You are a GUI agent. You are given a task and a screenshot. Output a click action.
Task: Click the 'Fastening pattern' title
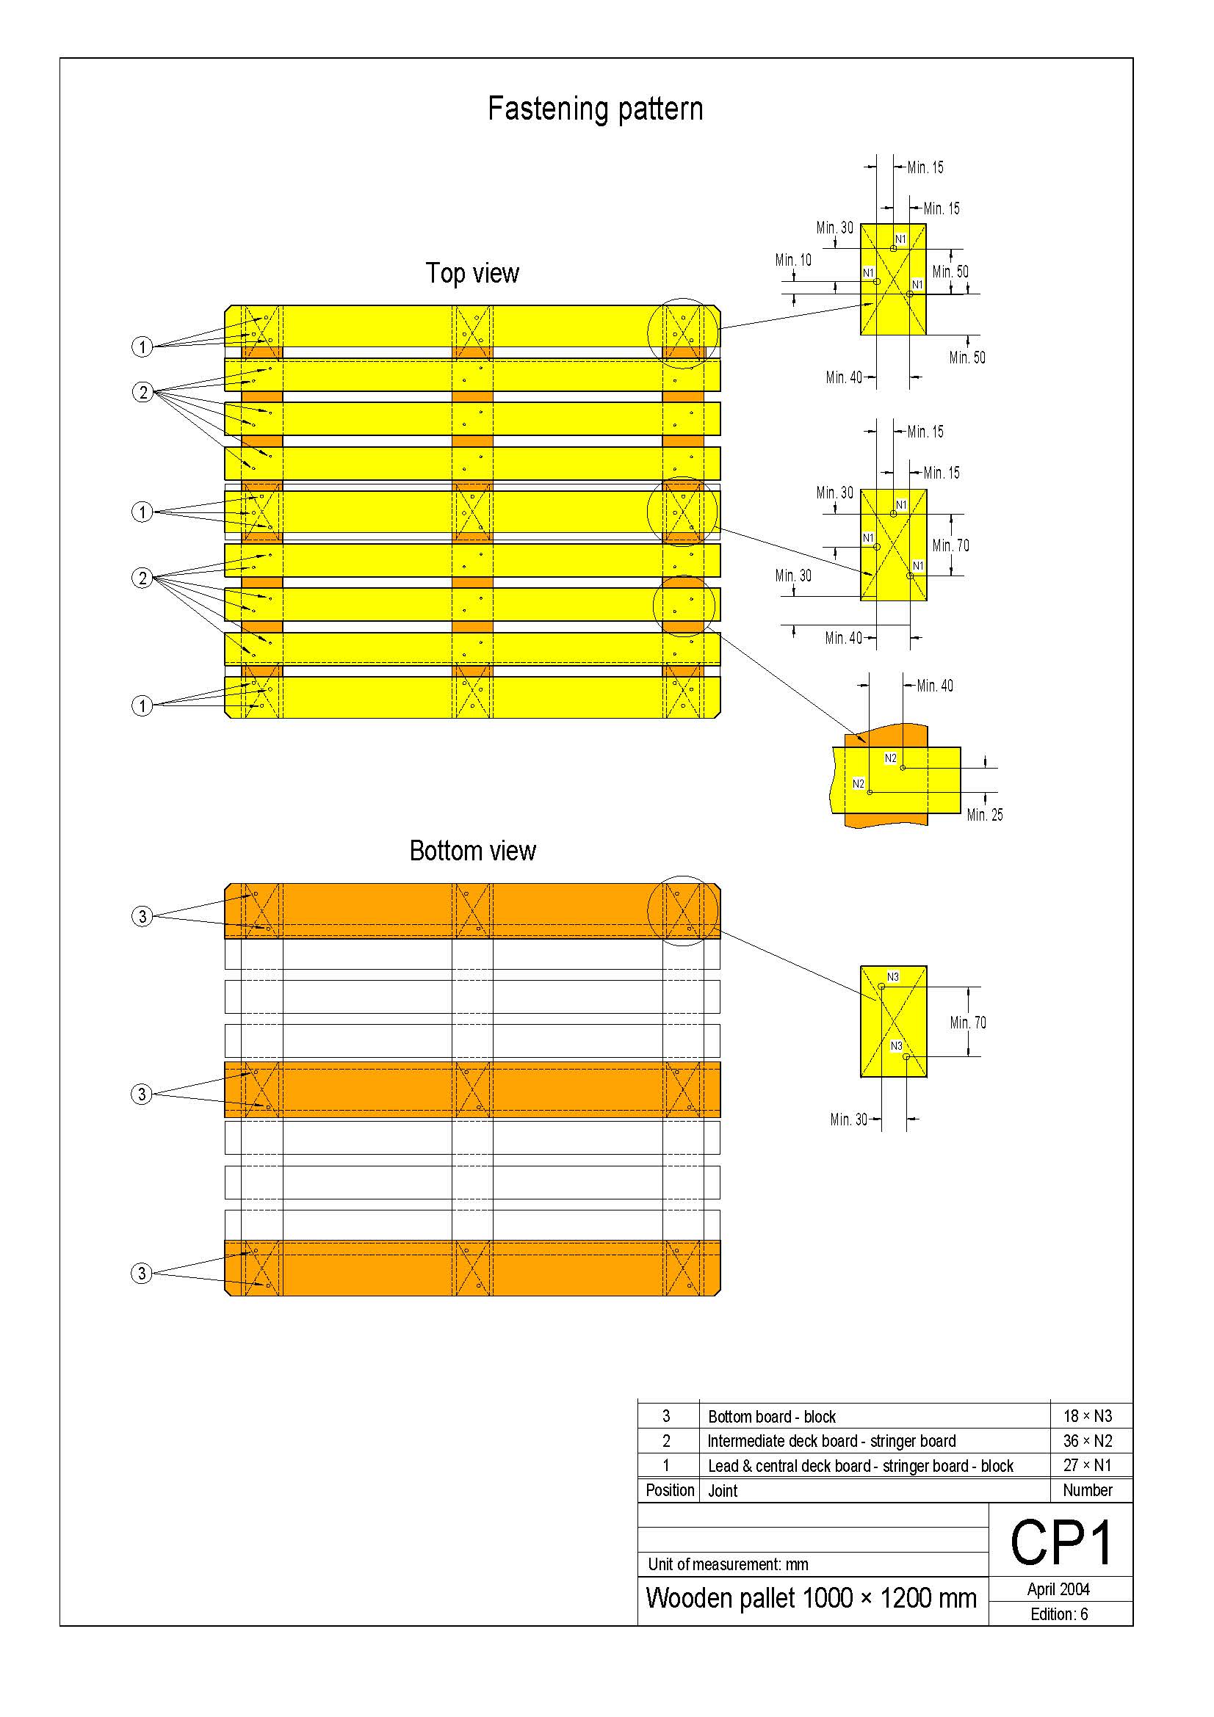point(595,109)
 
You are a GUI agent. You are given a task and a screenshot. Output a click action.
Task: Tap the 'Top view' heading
point(472,274)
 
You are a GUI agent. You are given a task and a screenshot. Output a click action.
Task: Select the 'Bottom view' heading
point(472,851)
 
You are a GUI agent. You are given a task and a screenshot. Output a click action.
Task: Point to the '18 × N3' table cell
point(1087,1416)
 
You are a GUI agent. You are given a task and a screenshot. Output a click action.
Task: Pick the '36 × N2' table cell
point(1087,1441)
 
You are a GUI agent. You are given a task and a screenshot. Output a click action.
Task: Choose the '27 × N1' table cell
point(1087,1466)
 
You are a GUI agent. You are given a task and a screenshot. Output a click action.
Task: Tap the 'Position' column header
point(670,1490)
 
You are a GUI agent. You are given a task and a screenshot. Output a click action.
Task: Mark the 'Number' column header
point(1087,1490)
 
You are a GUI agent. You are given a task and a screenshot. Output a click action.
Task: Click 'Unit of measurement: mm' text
point(728,1564)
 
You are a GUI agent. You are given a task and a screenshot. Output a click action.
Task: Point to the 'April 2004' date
point(1058,1589)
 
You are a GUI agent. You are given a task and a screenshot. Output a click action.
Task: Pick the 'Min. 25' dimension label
point(984,815)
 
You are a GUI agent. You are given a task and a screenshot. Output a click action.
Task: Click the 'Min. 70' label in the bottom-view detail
point(968,1023)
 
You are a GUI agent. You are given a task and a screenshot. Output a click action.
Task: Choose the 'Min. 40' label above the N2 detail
point(934,686)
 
